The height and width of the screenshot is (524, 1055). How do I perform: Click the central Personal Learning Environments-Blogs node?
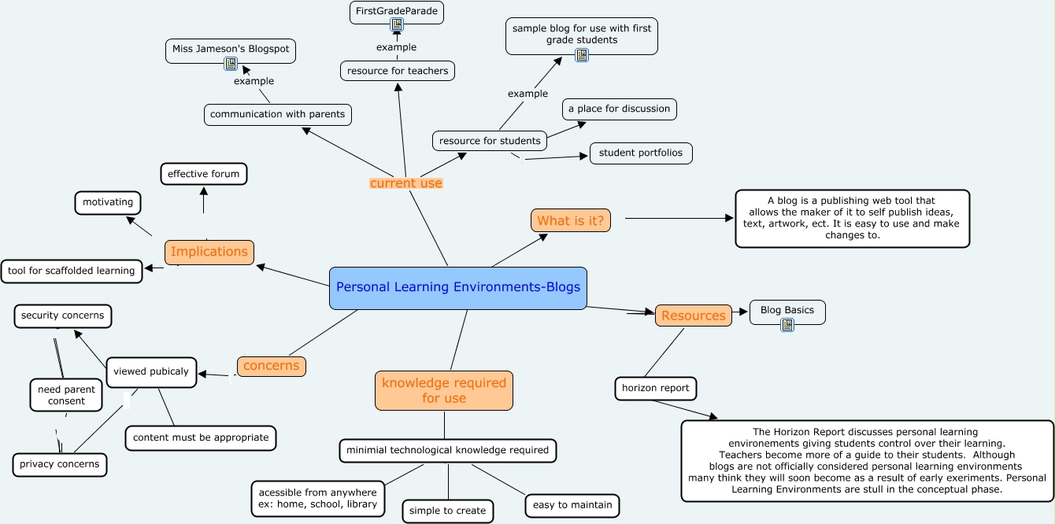[x=457, y=288]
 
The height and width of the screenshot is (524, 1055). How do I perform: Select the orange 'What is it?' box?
[x=570, y=220]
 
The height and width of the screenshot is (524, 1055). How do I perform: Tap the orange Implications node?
[x=209, y=252]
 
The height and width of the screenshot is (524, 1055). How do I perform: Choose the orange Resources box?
[x=694, y=316]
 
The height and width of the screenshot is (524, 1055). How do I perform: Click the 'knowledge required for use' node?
[x=444, y=390]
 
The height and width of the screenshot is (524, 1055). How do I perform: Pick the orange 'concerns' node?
[x=272, y=366]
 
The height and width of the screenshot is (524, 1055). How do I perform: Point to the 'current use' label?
[x=406, y=183]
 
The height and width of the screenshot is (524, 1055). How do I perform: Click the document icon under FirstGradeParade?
[x=397, y=24]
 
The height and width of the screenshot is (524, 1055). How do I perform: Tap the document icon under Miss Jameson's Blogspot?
[x=231, y=63]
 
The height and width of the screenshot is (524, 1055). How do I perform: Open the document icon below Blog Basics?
[x=787, y=324]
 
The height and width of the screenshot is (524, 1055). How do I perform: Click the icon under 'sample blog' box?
[x=582, y=55]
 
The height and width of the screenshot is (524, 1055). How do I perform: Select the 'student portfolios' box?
[x=641, y=153]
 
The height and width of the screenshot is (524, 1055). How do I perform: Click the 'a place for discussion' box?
[x=620, y=109]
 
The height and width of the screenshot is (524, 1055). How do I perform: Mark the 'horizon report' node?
[x=656, y=389]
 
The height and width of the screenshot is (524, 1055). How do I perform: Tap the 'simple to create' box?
[x=447, y=511]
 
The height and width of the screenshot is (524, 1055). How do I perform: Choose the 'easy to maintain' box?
[x=572, y=505]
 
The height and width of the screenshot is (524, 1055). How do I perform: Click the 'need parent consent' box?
[x=66, y=395]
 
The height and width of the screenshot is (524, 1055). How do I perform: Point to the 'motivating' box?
[x=108, y=202]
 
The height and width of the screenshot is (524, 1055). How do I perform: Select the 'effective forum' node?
[x=203, y=174]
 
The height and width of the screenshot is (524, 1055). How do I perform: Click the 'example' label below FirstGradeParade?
[x=397, y=47]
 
